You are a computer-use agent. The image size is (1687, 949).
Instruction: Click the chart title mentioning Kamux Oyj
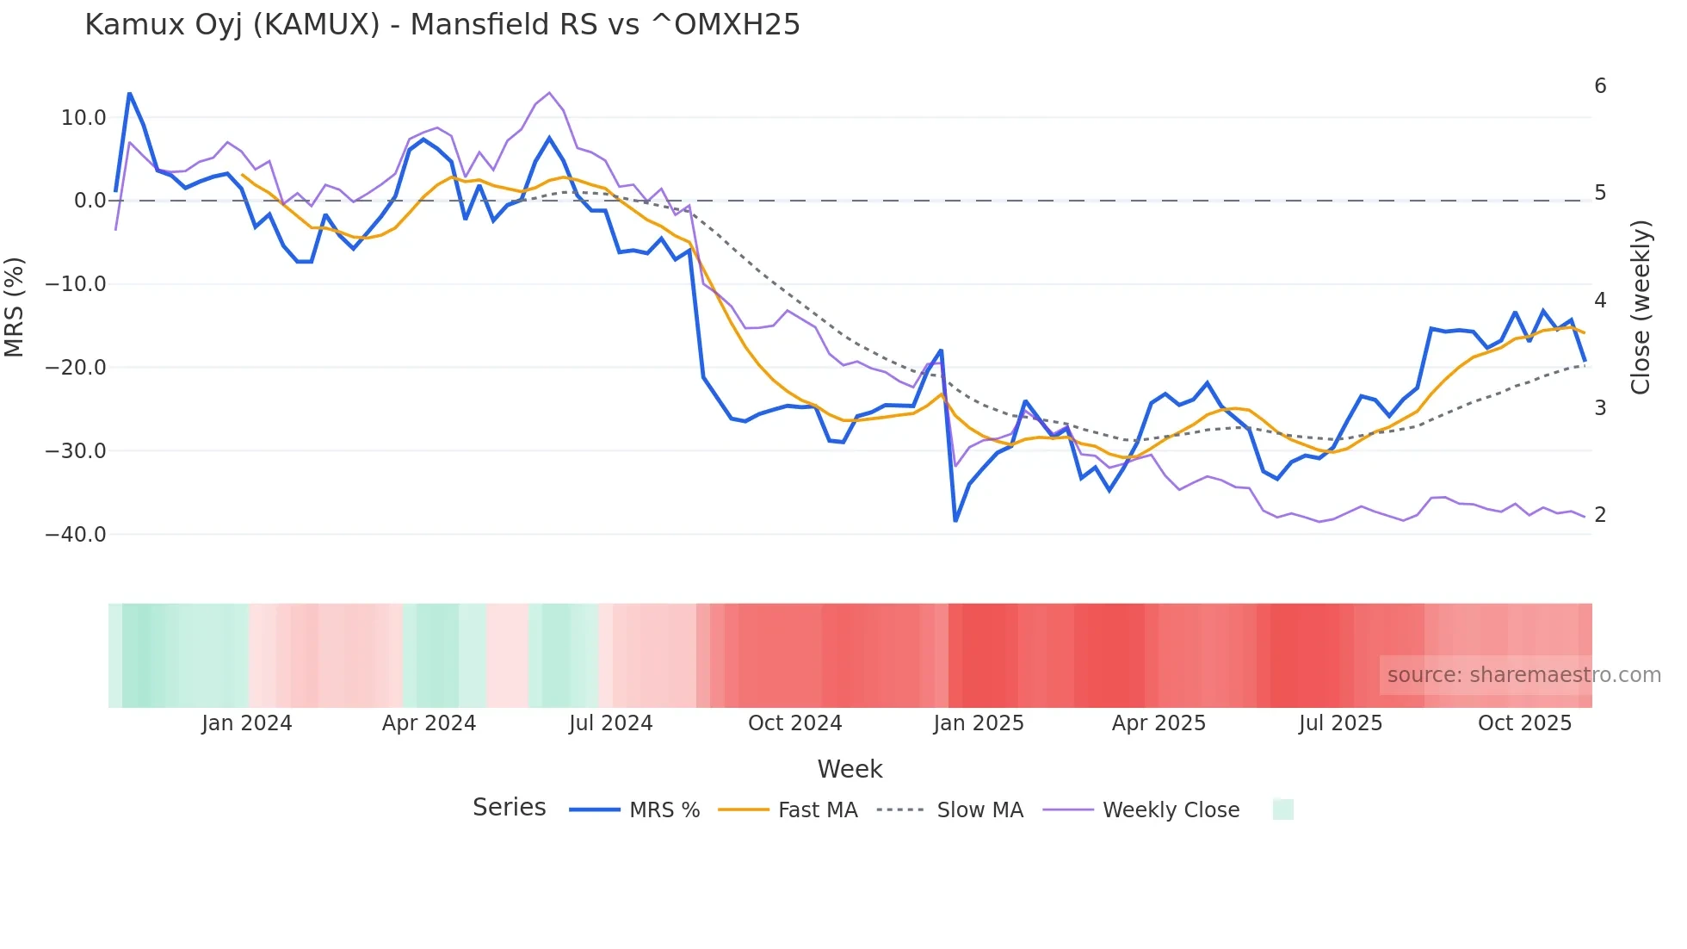click(x=442, y=25)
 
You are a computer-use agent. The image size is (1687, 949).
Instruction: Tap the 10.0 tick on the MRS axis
click(x=83, y=118)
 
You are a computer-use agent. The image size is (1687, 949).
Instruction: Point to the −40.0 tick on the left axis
click(x=76, y=535)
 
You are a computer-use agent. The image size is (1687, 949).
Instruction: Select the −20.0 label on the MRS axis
click(x=76, y=368)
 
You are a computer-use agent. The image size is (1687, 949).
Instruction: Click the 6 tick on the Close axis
click(x=1600, y=86)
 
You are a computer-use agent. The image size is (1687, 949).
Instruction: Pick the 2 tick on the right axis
click(x=1600, y=515)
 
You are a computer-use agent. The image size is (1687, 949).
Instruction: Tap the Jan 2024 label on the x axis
click(x=247, y=723)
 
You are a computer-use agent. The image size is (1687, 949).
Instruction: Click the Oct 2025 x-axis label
click(x=1524, y=723)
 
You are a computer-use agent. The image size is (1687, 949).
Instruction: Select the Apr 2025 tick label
click(x=1159, y=723)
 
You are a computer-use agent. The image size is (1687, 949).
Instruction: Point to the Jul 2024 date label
click(x=611, y=723)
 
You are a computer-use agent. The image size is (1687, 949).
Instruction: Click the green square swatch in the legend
click(x=1282, y=809)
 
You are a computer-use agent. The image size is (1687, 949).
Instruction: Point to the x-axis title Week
click(x=850, y=769)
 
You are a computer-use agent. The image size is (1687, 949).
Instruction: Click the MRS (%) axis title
click(x=15, y=307)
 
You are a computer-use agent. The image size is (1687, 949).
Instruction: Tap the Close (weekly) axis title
click(x=1641, y=307)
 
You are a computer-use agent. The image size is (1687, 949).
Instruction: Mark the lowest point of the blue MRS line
click(x=955, y=521)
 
